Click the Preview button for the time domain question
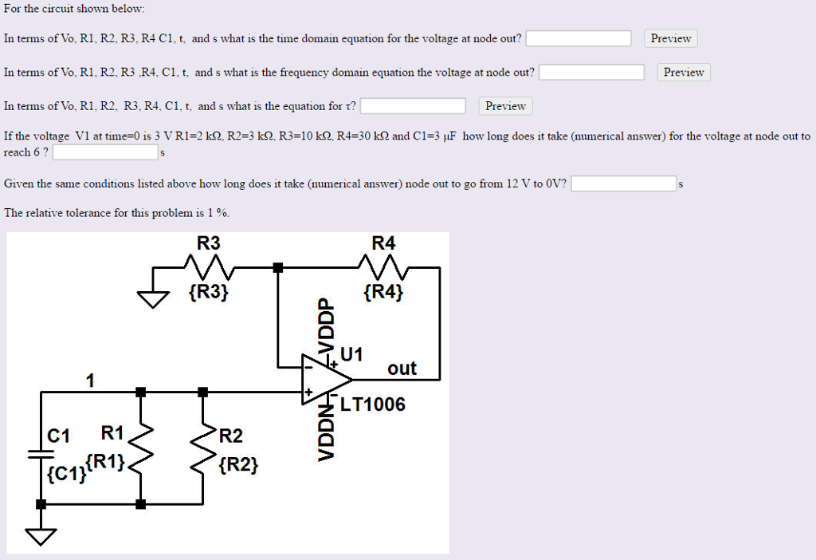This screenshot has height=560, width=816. [x=671, y=38]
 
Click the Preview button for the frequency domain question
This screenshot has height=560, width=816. [x=684, y=73]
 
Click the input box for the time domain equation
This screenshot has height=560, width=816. [x=579, y=38]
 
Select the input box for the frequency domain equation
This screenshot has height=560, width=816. [x=592, y=73]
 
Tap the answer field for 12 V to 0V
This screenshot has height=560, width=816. [x=624, y=184]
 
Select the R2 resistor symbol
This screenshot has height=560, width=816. [x=202, y=449]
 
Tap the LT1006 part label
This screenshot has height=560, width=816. [x=372, y=404]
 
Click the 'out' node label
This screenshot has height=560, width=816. [x=402, y=369]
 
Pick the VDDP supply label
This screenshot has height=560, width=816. [x=324, y=327]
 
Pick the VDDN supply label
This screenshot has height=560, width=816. [x=324, y=432]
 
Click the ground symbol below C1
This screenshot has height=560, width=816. [x=41, y=535]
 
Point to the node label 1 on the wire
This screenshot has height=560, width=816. [x=90, y=381]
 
